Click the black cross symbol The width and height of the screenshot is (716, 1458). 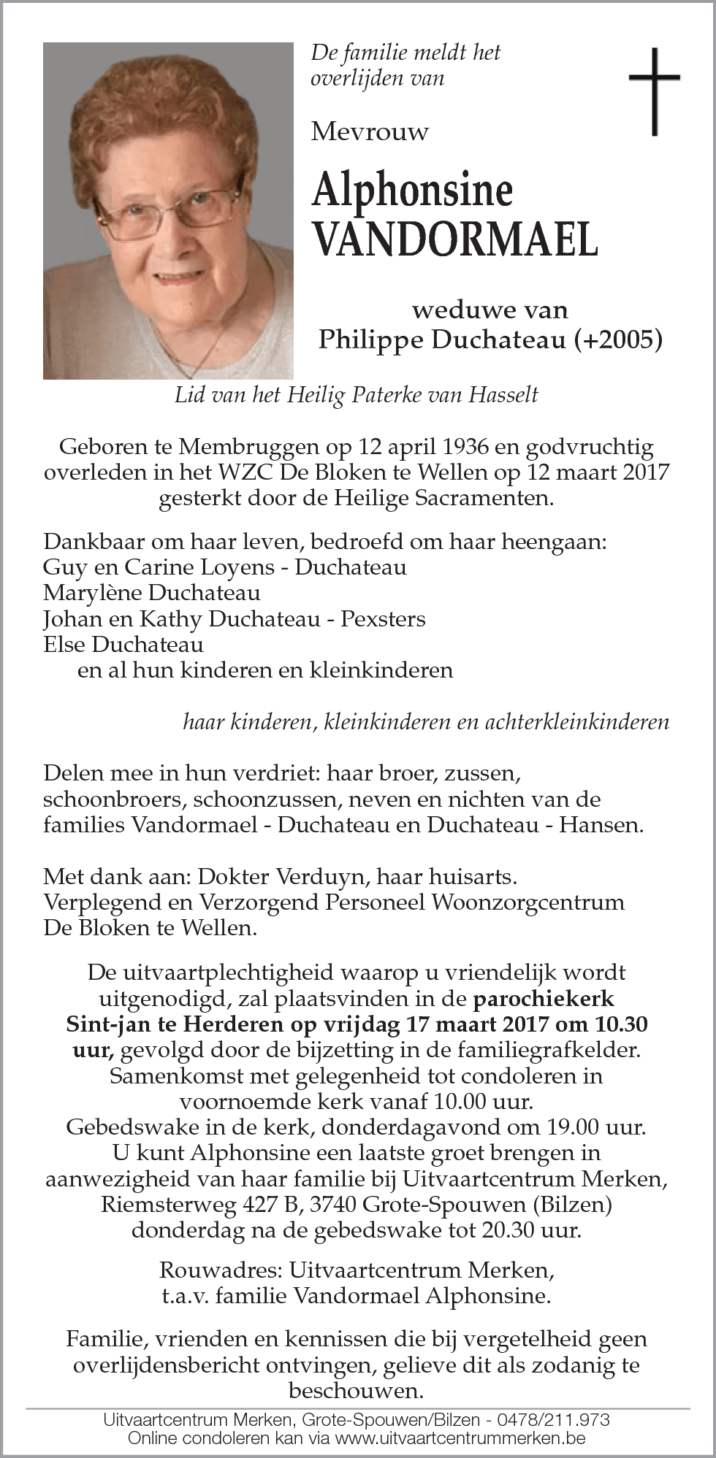coord(654,91)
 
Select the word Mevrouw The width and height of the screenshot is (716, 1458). coord(370,131)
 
